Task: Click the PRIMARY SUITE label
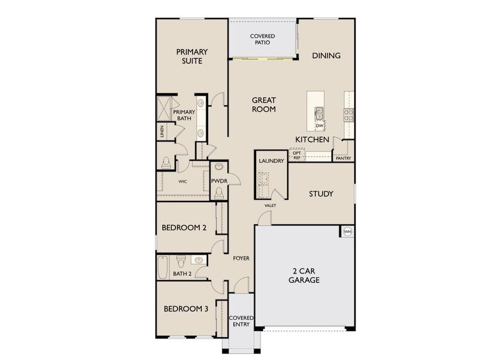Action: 189,56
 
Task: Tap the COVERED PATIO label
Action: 263,39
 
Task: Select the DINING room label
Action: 326,56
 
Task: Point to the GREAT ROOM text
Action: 264,105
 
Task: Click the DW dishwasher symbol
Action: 320,125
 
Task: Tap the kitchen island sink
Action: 318,112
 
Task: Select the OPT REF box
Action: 297,155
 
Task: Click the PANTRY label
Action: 343,158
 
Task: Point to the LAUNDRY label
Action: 270,161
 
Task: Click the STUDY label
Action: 321,194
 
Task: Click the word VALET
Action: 270,206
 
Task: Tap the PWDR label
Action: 218,181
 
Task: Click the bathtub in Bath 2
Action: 162,267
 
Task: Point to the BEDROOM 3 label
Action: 186,309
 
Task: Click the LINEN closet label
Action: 162,131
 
